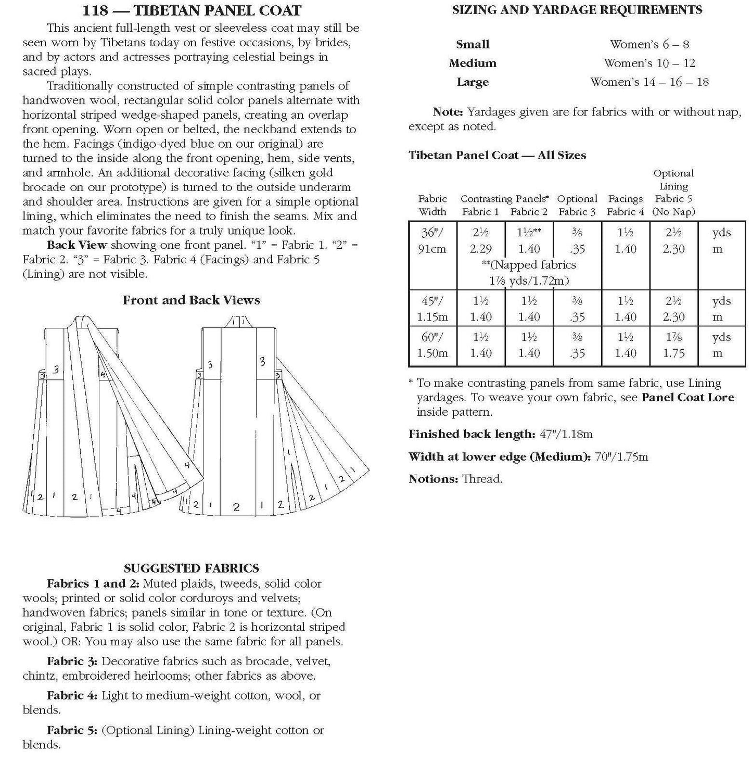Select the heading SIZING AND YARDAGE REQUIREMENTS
click(x=577, y=9)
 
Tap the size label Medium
click(x=473, y=63)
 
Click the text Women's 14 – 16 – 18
click(x=649, y=82)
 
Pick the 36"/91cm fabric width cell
click(x=432, y=240)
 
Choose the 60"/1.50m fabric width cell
click(x=432, y=345)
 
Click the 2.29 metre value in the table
click(x=480, y=249)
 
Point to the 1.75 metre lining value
click(x=673, y=353)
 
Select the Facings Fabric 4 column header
click(x=625, y=205)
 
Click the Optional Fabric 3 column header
click(x=577, y=205)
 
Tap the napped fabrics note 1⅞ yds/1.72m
click(x=529, y=281)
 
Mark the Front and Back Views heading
click(x=191, y=300)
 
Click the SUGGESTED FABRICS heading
click(x=191, y=568)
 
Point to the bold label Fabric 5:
click(x=72, y=731)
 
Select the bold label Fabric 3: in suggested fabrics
click(x=72, y=661)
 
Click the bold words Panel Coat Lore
click(x=687, y=398)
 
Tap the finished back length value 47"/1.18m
click(x=565, y=434)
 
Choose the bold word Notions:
click(x=433, y=479)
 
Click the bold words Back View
click(x=77, y=245)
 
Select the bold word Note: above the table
click(x=447, y=112)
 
